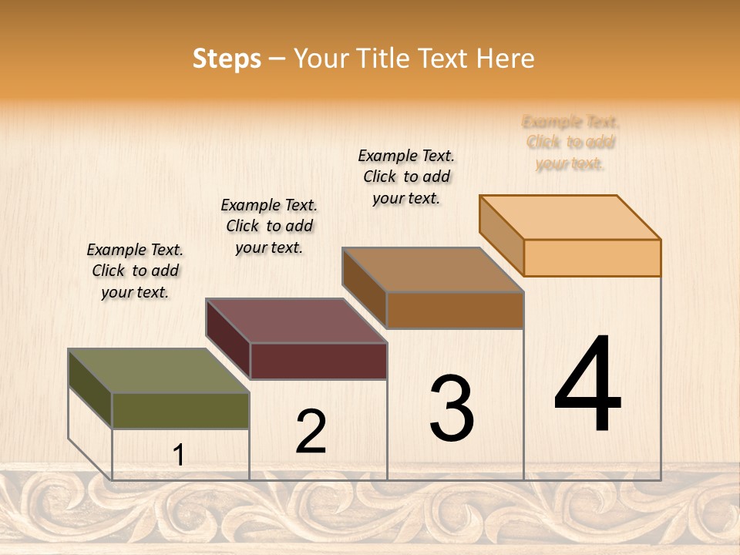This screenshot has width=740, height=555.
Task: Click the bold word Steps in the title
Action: point(227,59)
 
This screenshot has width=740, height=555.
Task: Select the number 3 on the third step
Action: point(451,408)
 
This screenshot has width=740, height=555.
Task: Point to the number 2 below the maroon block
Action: point(311,431)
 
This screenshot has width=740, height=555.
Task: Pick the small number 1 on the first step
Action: point(178,456)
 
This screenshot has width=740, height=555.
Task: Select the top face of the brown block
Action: point(433,270)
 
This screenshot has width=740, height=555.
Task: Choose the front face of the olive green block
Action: point(180,411)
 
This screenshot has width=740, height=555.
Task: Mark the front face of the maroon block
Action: point(318,361)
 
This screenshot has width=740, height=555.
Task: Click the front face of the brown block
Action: point(455,311)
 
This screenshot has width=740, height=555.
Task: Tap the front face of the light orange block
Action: point(592,257)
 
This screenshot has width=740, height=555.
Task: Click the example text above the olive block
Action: point(135,271)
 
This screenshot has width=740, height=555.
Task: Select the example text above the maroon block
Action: point(269,226)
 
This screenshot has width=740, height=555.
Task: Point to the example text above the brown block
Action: point(406,177)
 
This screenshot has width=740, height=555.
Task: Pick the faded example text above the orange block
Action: point(570,143)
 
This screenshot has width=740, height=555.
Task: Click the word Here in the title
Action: point(506,59)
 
